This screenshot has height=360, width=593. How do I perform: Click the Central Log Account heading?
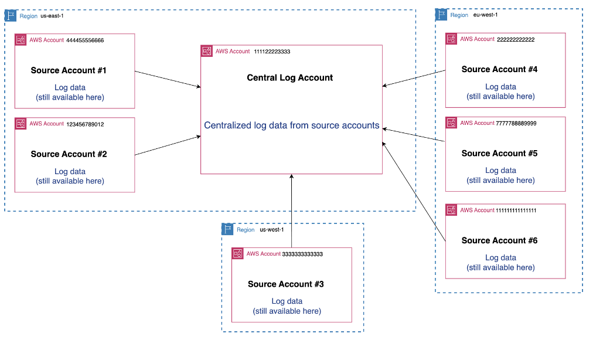point(289,77)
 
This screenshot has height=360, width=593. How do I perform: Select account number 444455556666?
point(85,40)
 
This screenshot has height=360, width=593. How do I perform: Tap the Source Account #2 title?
point(69,154)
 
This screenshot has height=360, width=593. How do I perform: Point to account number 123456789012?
point(85,124)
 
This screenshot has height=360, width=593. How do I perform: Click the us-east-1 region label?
point(52,16)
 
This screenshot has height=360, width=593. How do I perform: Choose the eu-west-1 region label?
point(485,15)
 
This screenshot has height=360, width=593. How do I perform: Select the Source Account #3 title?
point(285,284)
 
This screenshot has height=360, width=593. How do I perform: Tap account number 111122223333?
point(272,52)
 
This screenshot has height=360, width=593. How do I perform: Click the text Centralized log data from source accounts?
point(291,125)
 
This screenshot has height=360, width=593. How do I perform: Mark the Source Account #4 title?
point(499,69)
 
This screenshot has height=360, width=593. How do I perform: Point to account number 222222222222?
point(516,40)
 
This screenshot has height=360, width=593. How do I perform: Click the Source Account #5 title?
point(499,154)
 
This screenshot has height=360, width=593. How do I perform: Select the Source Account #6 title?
point(499,240)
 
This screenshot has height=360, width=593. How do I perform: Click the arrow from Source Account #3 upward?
point(291,211)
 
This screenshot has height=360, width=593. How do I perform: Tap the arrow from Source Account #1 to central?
point(168,80)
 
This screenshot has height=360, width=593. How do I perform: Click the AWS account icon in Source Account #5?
point(451,123)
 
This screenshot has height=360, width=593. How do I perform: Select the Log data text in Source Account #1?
point(70,87)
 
